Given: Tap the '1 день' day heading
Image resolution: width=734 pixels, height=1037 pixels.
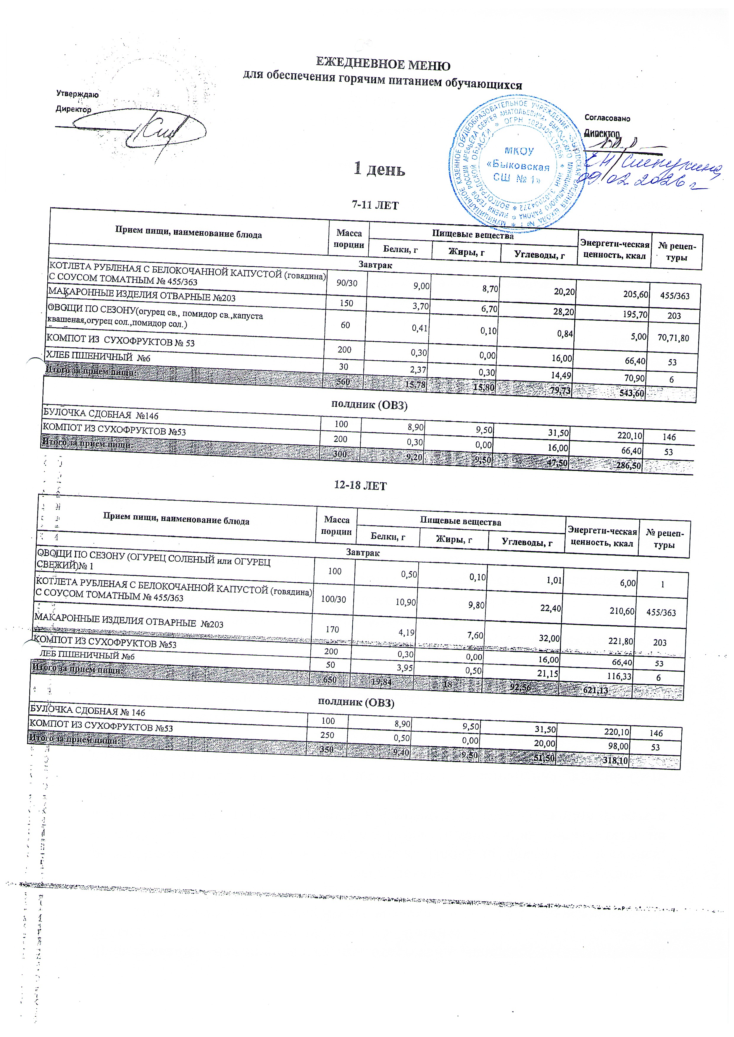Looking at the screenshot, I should (x=379, y=169).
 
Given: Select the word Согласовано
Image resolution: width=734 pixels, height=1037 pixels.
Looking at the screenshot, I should (x=607, y=118).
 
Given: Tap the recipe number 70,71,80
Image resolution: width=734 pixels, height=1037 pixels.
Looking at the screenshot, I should (x=674, y=337).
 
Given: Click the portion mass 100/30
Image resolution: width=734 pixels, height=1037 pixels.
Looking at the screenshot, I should (x=333, y=599).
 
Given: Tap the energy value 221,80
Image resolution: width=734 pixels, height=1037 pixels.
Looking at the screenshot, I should (x=622, y=641).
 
